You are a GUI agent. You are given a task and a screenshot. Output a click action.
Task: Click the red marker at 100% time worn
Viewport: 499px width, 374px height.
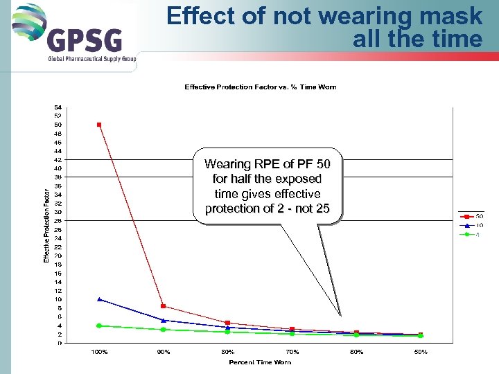(99, 125)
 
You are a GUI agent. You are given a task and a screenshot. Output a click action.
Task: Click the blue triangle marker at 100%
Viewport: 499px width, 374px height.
(99, 299)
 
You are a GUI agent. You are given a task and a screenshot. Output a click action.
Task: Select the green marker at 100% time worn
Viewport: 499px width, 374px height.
(99, 326)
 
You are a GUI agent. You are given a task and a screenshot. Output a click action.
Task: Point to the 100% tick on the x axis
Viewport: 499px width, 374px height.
(99, 352)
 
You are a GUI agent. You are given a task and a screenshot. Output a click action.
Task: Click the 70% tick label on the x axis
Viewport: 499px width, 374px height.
(292, 352)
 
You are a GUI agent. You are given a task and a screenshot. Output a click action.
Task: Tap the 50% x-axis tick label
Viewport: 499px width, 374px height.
(420, 352)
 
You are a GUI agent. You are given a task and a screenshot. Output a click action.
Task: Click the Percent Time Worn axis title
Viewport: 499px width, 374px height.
(261, 362)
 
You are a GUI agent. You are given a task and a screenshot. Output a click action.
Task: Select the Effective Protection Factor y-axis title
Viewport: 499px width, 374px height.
(46, 226)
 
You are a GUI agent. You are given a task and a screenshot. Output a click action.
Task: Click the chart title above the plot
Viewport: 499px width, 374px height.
(260, 87)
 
